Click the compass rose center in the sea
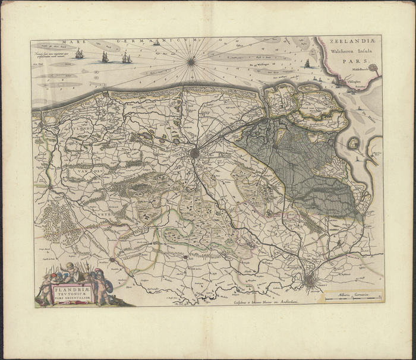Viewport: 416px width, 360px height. pos(192,60)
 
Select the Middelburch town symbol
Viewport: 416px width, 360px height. pos(373,70)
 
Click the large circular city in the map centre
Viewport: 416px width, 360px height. pos(196,153)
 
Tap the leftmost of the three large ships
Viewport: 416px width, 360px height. pos(80,54)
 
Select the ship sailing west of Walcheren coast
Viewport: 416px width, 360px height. pos(307,64)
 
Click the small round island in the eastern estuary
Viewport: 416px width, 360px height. pos(354,143)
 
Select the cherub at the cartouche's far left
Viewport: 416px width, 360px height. pos(45,290)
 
